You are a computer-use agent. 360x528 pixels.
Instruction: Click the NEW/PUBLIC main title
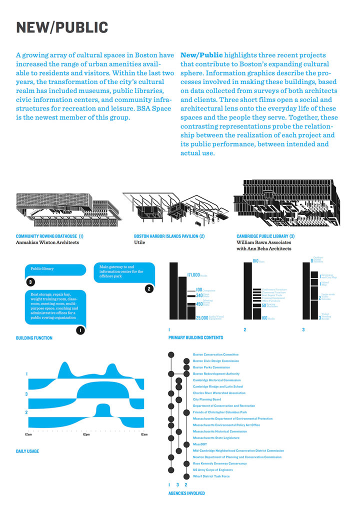pos(62,27)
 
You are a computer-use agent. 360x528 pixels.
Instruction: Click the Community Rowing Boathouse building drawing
pos(67,207)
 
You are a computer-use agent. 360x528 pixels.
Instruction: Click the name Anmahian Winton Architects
pos(47,242)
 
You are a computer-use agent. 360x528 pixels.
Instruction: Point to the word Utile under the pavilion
pos(139,242)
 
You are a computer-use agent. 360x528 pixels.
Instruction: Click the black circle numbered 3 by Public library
pos(31,282)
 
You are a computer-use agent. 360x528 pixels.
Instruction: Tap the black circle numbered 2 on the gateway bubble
pos(148,288)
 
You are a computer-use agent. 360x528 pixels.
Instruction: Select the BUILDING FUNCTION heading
pos(34,338)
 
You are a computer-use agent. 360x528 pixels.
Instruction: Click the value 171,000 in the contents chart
pos(193,275)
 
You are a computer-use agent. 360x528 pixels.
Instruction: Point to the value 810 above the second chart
pos(255,261)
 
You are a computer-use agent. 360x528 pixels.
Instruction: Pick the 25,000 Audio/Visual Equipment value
pos(202,317)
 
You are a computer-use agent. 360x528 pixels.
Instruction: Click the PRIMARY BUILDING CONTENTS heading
pos(195,338)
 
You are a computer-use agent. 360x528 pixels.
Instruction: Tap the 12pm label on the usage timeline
pos(86,434)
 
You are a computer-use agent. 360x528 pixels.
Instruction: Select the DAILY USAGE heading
pos(27,451)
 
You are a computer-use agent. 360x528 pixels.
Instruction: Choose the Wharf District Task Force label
pos(211,476)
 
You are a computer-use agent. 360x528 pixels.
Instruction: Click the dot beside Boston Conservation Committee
pos(171,354)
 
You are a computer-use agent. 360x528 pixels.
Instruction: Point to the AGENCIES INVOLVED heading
pos(186,493)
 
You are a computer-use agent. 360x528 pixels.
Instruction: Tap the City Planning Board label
pos(206,399)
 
